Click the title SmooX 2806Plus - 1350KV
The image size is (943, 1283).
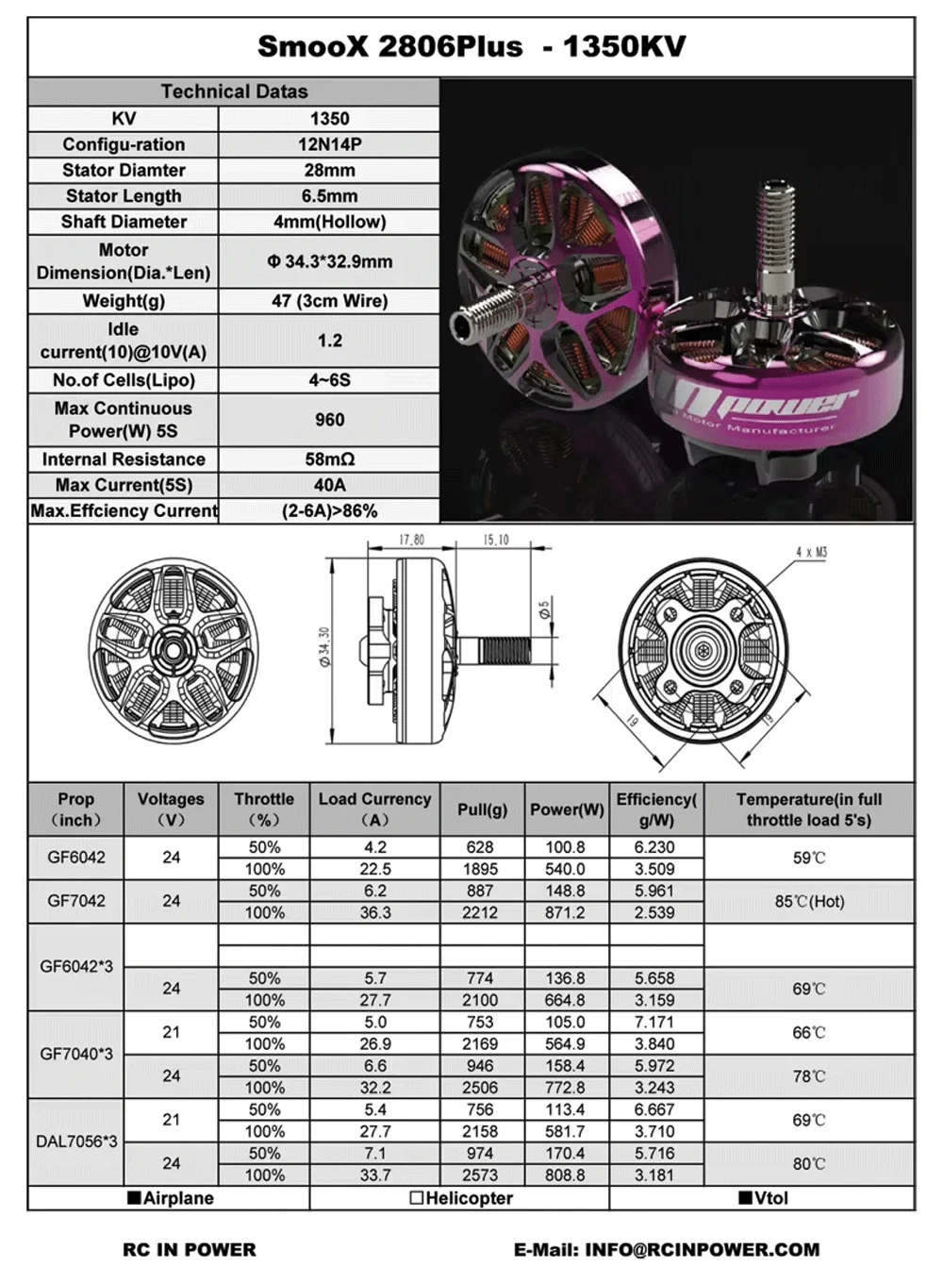[x=471, y=46]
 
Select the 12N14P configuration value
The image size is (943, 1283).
[x=329, y=144]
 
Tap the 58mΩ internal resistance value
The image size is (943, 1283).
[x=329, y=459]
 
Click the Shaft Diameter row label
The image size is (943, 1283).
[x=124, y=222]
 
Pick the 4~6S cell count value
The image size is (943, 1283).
[x=329, y=380]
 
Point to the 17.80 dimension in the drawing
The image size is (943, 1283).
[x=412, y=540]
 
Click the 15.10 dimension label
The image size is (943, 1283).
[x=496, y=540]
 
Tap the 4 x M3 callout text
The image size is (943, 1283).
[x=811, y=552]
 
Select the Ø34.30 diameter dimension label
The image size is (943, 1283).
[x=325, y=646]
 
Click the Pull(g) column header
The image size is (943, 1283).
[x=482, y=809]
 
